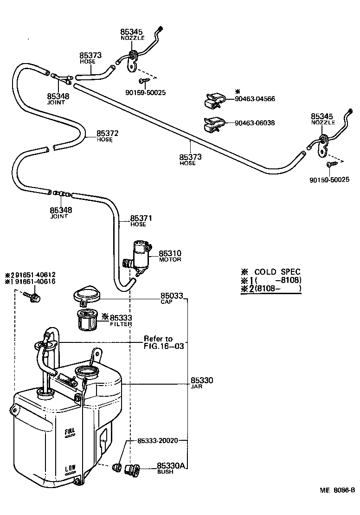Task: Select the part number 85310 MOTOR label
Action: coord(170,256)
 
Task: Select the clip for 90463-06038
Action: coord(213,124)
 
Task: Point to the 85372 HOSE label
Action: coord(107,135)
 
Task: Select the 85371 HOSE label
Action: coord(141,220)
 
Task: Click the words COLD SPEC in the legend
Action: coord(277,272)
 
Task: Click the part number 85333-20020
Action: coord(158,440)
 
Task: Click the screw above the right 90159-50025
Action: coord(329,164)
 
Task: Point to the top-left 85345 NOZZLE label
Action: coord(132,35)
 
